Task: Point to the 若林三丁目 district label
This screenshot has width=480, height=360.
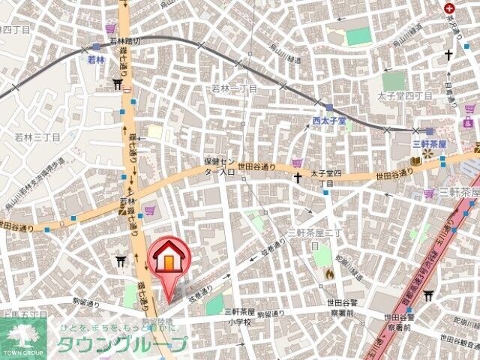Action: coord(37,137)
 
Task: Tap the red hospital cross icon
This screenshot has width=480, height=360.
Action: coord(449,7)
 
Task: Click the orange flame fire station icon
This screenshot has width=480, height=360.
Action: coord(328,274)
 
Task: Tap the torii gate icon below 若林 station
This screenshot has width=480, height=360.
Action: coord(118,84)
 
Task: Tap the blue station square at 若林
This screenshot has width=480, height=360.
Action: coord(96,46)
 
